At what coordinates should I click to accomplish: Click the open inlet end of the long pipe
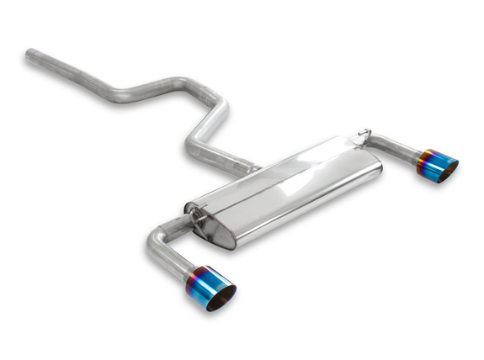click(30, 56)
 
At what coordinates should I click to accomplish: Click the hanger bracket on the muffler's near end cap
click(199, 217)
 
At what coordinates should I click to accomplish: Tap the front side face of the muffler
click(303, 206)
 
